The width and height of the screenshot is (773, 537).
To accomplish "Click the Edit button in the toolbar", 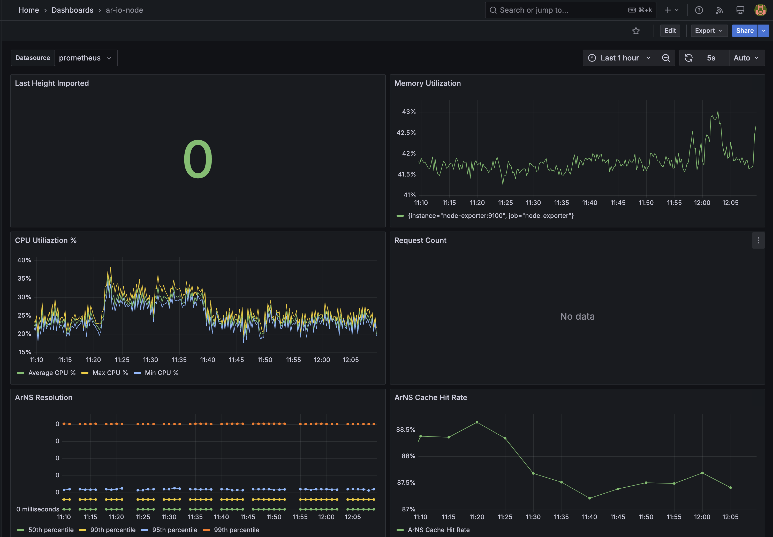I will (x=670, y=30).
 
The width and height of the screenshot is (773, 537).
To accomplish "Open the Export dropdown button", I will (x=708, y=30).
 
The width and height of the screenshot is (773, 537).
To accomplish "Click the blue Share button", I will (x=744, y=30).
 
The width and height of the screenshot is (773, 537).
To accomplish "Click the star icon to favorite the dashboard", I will (x=636, y=31).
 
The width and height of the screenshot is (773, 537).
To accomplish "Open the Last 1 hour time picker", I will (x=619, y=58).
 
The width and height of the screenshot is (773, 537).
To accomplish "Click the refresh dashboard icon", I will (x=688, y=58).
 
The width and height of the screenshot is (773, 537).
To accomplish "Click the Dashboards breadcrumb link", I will (x=72, y=10).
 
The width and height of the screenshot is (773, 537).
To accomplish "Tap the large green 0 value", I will (x=198, y=159).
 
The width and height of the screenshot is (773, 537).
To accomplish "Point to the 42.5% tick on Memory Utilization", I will (x=406, y=133).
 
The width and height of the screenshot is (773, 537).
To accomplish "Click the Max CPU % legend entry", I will (x=110, y=373).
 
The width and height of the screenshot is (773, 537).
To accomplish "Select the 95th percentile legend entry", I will (x=174, y=530).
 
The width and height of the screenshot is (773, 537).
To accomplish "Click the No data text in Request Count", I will (x=577, y=316).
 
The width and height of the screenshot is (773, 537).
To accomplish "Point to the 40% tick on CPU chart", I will (x=24, y=260).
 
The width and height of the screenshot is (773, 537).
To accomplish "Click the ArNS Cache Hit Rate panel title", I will (x=430, y=397).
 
